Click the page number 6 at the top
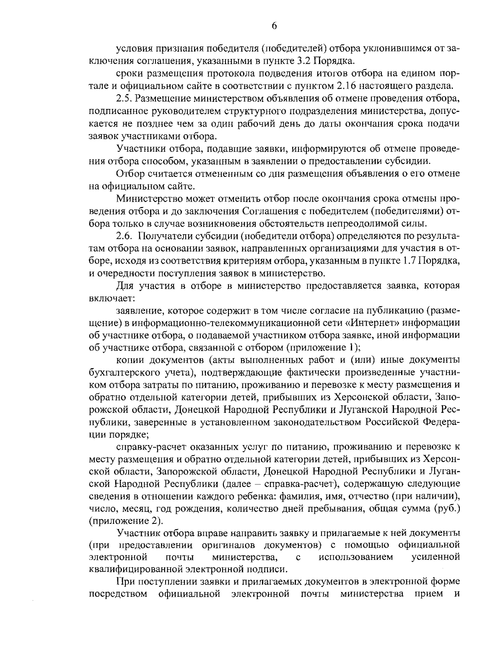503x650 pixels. (x=274, y=26)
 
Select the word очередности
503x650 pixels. (x=125, y=273)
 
